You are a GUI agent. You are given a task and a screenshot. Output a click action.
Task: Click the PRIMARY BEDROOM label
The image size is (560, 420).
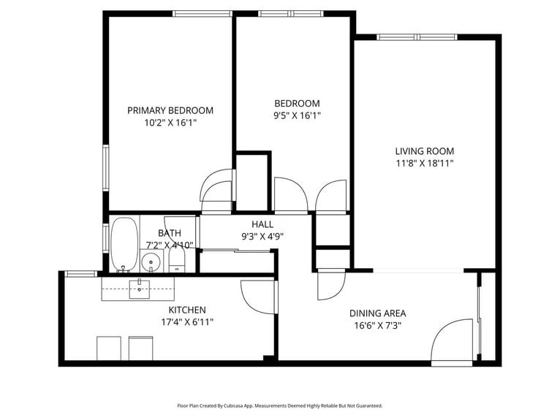tap(170, 110)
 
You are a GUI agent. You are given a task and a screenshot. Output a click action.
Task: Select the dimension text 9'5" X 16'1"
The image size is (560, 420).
tap(297, 115)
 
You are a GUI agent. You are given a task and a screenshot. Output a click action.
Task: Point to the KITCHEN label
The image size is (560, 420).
tap(187, 310)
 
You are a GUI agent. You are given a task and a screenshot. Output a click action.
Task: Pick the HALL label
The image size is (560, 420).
tap(262, 224)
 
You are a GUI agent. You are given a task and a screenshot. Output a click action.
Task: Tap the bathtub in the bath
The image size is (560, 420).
tap(124, 244)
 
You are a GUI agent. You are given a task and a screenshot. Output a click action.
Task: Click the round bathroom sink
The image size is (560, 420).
tap(151, 261)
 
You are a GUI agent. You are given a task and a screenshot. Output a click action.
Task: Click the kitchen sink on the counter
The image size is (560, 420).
tap(140, 289)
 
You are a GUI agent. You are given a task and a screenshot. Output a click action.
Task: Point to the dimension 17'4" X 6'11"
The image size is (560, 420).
tap(187, 321)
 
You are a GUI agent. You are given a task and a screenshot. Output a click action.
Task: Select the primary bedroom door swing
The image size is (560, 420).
tap(217, 186)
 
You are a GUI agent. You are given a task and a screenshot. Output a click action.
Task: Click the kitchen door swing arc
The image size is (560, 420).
tap(258, 298)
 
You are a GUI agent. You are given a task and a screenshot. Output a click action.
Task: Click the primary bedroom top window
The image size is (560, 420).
tap(203, 13)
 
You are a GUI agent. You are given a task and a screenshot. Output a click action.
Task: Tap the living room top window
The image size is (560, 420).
tap(418, 37)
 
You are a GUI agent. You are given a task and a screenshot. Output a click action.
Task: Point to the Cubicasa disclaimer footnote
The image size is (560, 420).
tap(280, 405)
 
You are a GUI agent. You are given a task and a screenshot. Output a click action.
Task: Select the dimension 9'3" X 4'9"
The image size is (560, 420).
tap(262, 236)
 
